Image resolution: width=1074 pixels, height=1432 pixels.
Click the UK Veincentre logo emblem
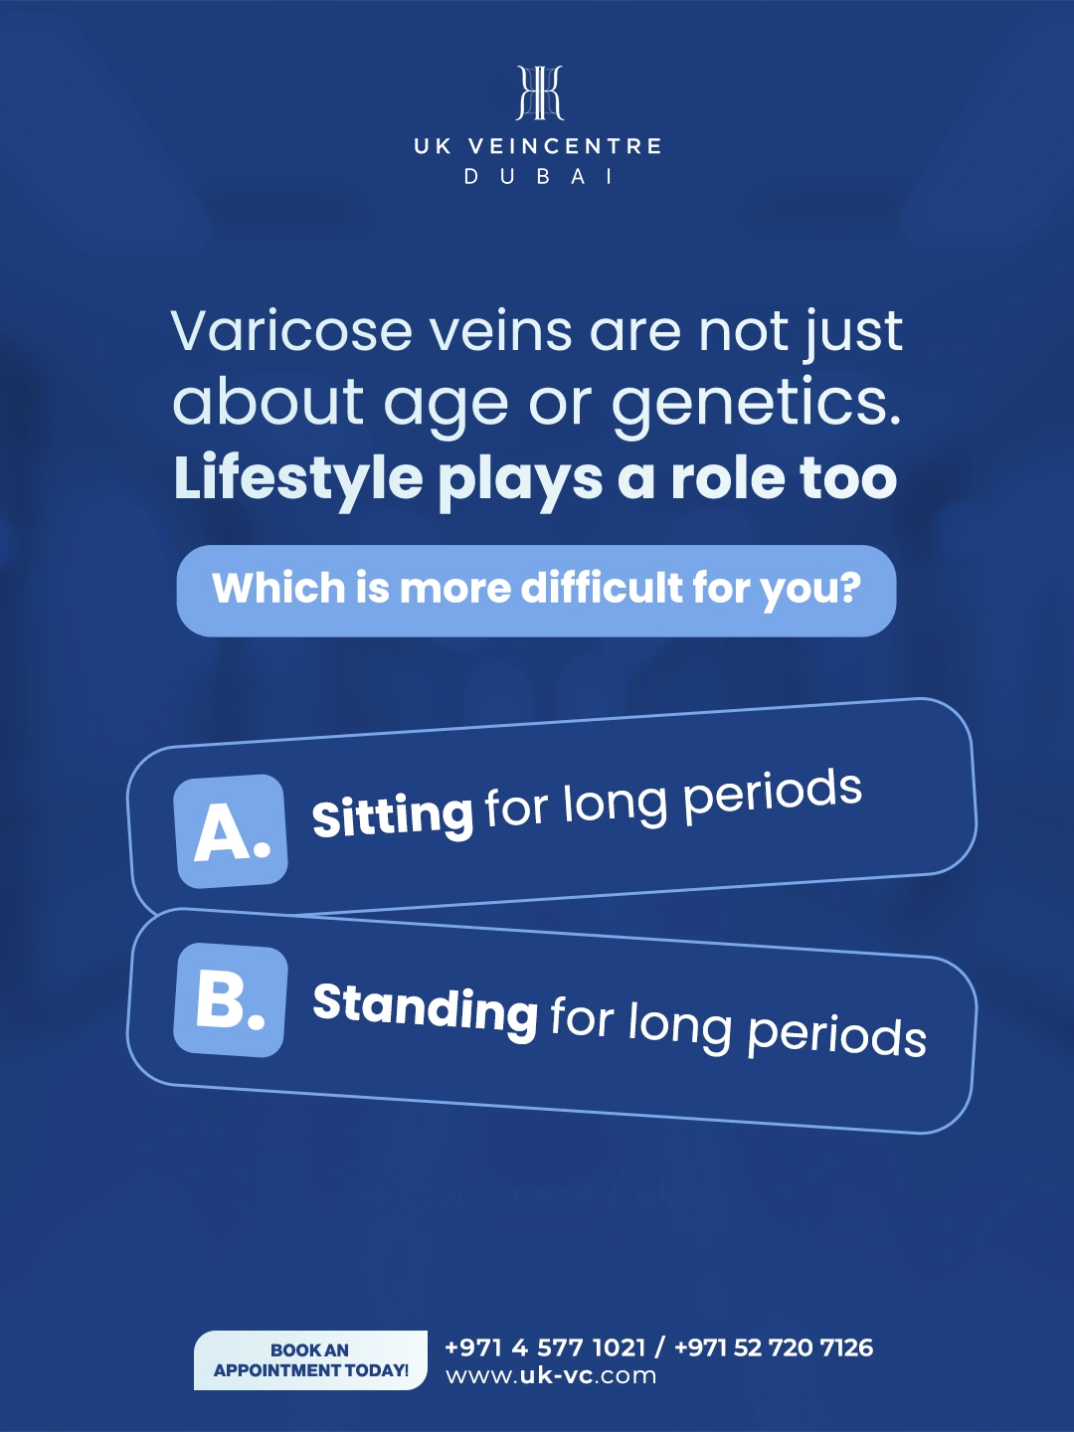[539, 93]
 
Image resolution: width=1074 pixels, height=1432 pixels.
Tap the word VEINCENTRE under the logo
[565, 146]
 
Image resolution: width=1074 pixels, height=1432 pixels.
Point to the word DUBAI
[539, 177]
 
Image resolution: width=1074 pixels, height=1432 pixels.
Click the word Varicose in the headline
[291, 331]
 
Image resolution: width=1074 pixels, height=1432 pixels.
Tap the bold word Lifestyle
[298, 479]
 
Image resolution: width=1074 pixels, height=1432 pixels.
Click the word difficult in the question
[603, 588]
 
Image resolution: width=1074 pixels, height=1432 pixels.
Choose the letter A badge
[231, 831]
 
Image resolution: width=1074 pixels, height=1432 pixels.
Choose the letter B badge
[231, 999]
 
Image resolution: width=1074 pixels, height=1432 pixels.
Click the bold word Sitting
[392, 815]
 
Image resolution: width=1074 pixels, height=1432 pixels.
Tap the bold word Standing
[425, 1008]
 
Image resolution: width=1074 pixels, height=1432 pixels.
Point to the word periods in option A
[773, 797]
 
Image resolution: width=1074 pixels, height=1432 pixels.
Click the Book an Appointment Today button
[310, 1360]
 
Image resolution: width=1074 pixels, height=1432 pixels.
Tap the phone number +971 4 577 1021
[545, 1347]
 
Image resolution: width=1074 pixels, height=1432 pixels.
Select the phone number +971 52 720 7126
[774, 1347]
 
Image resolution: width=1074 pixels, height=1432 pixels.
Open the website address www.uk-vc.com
[551, 1376]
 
